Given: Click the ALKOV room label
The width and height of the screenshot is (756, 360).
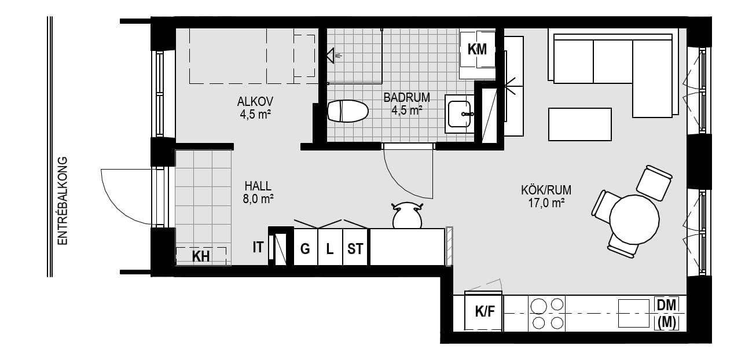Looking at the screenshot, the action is [255, 101].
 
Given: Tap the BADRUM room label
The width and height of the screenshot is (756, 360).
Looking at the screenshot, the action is [407, 97].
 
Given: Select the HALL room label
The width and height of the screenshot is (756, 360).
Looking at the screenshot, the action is [258, 186].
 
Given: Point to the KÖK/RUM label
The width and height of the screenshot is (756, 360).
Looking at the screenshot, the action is [546, 190].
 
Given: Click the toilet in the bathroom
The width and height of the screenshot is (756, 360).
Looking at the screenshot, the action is [348, 111].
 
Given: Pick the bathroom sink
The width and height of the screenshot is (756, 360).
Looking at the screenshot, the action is [460, 114].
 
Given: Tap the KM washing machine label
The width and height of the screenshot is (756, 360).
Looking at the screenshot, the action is [477, 50].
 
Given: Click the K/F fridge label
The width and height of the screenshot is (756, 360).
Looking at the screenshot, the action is [485, 312].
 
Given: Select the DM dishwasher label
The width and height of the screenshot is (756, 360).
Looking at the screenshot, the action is [666, 306].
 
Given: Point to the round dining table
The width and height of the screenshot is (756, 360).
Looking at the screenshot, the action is [634, 219].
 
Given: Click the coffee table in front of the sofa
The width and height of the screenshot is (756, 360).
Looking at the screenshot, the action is [580, 124].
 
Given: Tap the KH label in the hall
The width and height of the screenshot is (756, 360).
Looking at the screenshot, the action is [201, 257].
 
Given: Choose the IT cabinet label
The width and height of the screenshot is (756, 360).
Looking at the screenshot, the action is [258, 248].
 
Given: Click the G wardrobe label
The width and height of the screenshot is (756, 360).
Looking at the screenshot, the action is [305, 249].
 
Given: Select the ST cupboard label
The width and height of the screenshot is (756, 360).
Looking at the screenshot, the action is [355, 249].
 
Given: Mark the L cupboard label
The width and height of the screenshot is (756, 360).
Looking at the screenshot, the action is [330, 249].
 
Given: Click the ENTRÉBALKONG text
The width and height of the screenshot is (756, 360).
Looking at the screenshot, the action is [63, 201].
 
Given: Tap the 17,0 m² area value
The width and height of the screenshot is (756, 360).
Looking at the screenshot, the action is [546, 204].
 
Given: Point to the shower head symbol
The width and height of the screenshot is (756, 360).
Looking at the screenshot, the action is [332, 56].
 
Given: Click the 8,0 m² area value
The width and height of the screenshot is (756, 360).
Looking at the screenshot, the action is [258, 199].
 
